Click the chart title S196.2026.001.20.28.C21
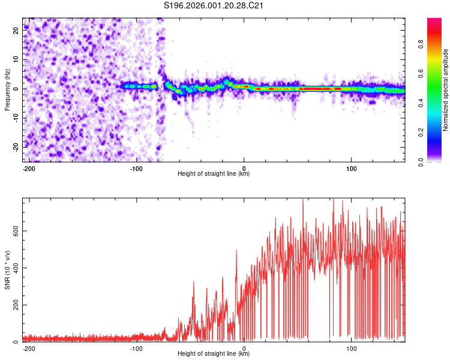tap(214, 6)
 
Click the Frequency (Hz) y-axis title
tap(7, 90)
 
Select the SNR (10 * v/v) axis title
tap(7, 269)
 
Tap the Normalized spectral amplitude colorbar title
tap(446, 90)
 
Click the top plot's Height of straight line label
tap(214, 174)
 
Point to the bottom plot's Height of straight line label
tap(214, 354)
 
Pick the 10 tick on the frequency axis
tap(17, 59)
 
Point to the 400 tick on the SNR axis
tap(14, 268)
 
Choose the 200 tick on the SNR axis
tap(14, 305)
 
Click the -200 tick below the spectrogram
tap(28, 167)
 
